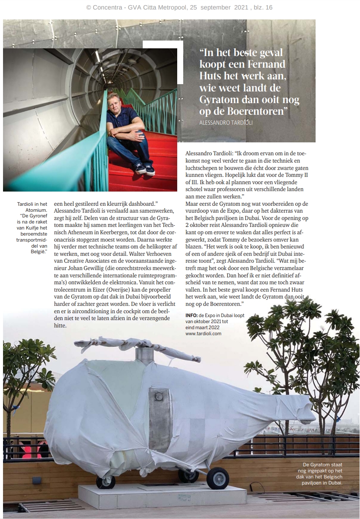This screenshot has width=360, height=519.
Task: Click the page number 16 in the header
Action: coord(268,7)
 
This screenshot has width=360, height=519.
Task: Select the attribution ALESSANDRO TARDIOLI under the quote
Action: coord(227,123)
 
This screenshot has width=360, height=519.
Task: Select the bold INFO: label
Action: coord(192,315)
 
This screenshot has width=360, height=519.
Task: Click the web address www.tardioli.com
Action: coord(203,333)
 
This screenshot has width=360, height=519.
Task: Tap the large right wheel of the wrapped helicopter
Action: coord(217,478)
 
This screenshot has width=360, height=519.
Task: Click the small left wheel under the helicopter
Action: coord(106,482)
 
